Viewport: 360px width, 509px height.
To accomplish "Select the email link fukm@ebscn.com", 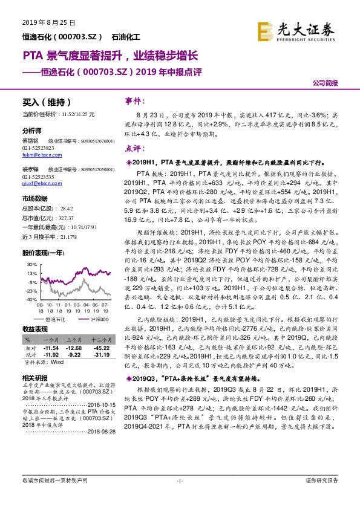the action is tap(38, 155).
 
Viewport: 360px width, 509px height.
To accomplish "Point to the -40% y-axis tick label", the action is tap(31, 299).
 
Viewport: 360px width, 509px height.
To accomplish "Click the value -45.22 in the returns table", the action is tap(100, 349).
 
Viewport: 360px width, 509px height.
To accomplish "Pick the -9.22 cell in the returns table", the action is tap(74, 355).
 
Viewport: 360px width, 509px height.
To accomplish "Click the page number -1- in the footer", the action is tap(179, 497).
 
